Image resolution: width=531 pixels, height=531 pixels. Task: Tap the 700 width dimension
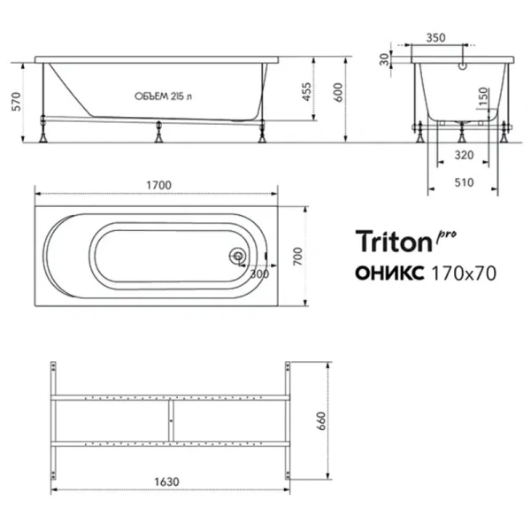coord(297,257)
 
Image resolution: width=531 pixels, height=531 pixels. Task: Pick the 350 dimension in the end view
coord(461,39)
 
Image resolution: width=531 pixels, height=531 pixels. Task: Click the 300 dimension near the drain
coord(258,273)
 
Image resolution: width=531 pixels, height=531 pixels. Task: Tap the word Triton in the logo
coord(392,241)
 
